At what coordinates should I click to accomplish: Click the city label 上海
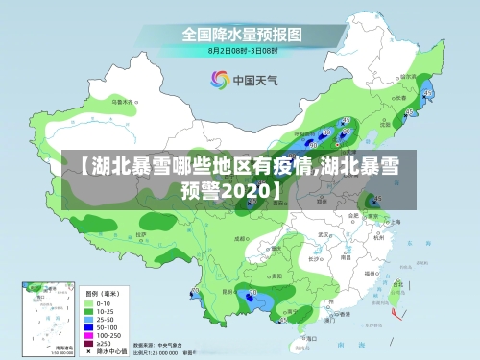click(x=396, y=221)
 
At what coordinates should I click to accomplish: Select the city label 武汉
click(x=324, y=234)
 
